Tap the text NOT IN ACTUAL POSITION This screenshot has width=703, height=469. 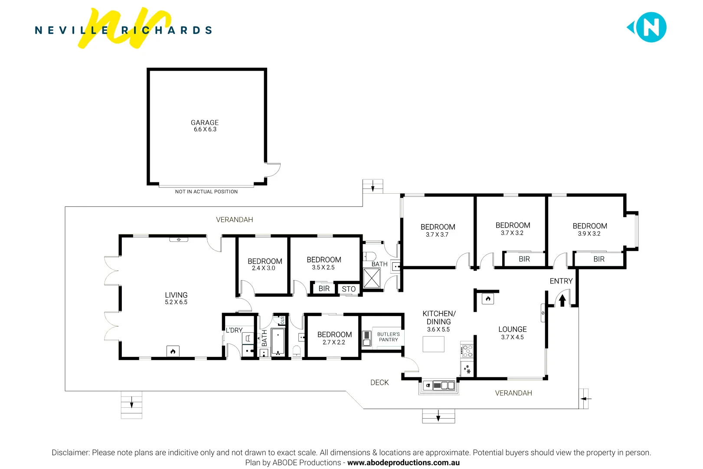pos(206,192)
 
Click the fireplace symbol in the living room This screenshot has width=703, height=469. pos(173,351)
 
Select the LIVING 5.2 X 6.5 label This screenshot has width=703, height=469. pos(176,298)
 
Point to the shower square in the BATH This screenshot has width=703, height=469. pos(372,278)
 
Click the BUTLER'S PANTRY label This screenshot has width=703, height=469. pos(388,337)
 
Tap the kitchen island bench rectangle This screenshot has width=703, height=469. pos(433,344)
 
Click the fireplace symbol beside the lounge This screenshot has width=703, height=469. pos(488,299)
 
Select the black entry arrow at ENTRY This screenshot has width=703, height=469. pos(562,300)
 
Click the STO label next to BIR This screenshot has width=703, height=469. pos(349,289)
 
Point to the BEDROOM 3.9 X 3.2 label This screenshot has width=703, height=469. pos(589,229)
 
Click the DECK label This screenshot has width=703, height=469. pos(379,383)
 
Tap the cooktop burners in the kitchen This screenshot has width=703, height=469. pos(467,350)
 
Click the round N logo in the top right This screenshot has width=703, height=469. pos(651,27)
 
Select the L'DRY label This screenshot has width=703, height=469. pos(234,330)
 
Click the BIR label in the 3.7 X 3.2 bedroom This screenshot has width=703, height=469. pos(524,259)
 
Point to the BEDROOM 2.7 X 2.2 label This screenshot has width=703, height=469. pos(334,338)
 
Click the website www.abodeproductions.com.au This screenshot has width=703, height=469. pos(403,462)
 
